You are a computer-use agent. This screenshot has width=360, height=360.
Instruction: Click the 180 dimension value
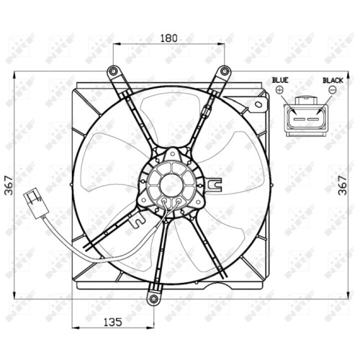[168, 38]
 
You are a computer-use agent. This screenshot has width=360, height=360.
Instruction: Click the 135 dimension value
[113, 322]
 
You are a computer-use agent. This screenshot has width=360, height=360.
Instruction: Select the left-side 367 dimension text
[9, 185]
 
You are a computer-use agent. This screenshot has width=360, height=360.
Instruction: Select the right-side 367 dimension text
[343, 185]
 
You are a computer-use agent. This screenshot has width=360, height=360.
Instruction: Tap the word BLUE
[280, 80]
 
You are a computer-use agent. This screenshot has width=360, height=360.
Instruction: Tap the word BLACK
[333, 81]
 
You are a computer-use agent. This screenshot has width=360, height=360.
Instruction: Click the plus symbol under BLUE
[279, 90]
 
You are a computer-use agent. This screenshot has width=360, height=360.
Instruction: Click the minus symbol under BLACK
[333, 90]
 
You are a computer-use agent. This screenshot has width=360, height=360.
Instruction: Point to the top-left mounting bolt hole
[113, 71]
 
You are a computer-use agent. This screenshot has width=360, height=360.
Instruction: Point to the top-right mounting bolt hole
[225, 71]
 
